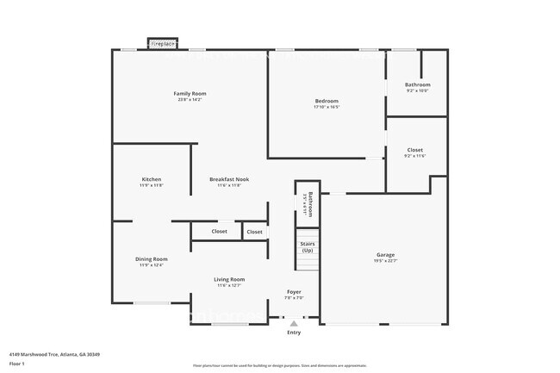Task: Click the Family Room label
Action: [x=190, y=93]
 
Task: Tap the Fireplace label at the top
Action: [x=163, y=43]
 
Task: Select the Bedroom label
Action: [x=327, y=101]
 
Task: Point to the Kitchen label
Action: [x=151, y=179]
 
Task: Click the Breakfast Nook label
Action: [x=228, y=179]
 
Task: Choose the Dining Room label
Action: [x=151, y=258]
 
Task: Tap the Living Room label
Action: [x=229, y=279]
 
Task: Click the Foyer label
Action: [x=294, y=292]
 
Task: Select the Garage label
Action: [x=385, y=254]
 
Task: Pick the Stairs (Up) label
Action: [x=307, y=246]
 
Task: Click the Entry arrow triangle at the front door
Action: [x=294, y=324]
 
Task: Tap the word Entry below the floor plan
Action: [x=294, y=333]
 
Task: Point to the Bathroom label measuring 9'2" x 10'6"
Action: [x=417, y=84]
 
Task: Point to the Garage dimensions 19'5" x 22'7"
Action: [x=385, y=260]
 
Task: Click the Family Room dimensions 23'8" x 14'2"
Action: [x=190, y=100]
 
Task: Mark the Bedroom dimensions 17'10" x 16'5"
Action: [x=327, y=108]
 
